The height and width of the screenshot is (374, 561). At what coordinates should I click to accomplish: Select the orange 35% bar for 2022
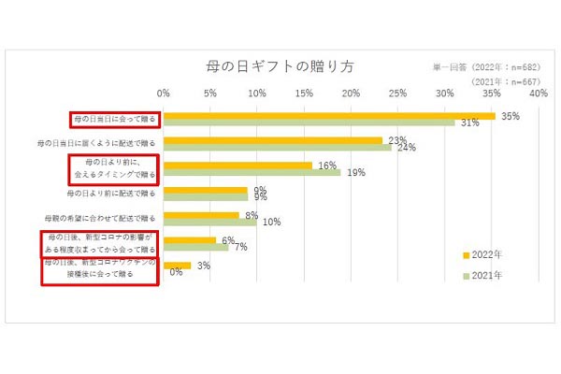tap(328, 116)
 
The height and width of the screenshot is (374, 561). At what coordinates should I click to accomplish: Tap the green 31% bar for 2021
tap(309, 122)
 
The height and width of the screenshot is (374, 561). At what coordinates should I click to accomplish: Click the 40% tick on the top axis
tap(537, 93)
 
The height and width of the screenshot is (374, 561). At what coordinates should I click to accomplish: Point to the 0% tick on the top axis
tap(164, 93)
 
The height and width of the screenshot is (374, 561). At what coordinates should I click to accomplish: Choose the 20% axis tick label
tap(351, 93)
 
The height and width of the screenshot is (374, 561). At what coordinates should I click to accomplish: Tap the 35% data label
tap(510, 116)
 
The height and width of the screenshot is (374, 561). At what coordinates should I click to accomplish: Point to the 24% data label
tap(407, 148)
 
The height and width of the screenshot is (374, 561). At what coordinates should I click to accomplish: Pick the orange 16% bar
tap(237, 165)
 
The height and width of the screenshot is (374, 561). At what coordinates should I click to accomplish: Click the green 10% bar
tap(209, 223)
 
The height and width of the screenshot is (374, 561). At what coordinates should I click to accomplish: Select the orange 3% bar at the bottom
tap(177, 266)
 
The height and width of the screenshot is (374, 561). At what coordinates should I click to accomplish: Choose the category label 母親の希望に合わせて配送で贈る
tap(104, 219)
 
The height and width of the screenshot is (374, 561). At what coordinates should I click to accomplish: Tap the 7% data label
tap(240, 248)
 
